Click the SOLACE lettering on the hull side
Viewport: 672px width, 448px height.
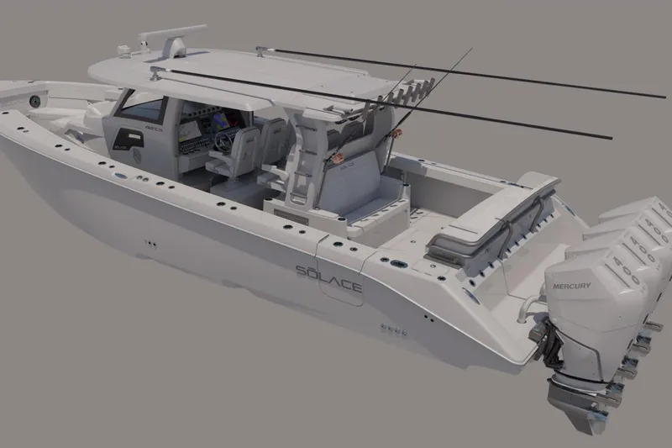click(328, 279)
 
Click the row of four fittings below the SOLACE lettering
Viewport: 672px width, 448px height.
click(392, 329)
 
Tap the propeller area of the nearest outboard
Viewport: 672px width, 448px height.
click(580, 395)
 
